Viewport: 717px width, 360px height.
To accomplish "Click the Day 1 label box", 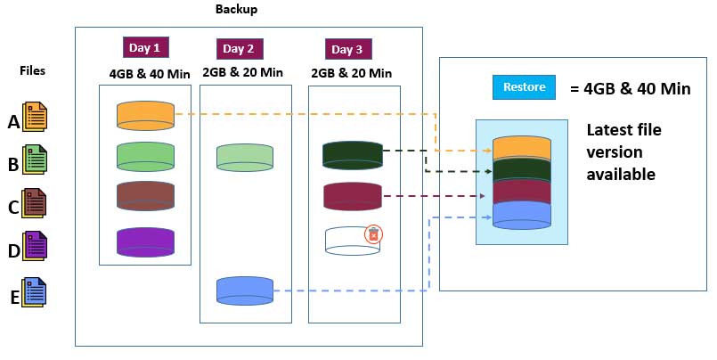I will tap(145, 47).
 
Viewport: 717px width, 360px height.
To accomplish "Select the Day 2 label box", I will tap(238, 48).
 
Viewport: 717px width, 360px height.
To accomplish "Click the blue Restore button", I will tap(524, 87).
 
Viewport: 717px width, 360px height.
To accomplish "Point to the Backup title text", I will tap(238, 9).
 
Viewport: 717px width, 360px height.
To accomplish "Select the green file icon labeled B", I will tap(37, 161).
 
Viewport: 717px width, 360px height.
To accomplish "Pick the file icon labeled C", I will tap(37, 205).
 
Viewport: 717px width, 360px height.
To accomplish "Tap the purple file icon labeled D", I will tap(37, 248).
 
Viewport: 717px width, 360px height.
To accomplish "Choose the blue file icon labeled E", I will tap(37, 294).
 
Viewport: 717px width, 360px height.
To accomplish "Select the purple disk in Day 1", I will tap(145, 241).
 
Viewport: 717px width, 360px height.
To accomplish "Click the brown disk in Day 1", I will tap(145, 196).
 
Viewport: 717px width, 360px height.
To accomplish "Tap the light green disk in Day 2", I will tap(244, 156).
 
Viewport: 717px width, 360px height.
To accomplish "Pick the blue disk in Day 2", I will tap(244, 290).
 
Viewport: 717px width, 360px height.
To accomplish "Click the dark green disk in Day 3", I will tap(352, 155).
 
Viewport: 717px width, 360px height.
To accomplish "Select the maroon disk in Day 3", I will tap(352, 196).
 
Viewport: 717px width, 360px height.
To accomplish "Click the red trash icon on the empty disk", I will tap(374, 233).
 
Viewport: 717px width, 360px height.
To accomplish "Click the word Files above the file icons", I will tap(33, 70).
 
